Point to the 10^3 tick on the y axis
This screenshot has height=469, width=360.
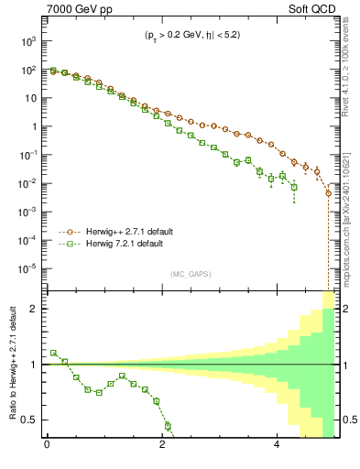tap(28, 41)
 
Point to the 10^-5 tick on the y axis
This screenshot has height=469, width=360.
tap(27, 268)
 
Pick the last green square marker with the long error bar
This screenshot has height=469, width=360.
tap(294, 187)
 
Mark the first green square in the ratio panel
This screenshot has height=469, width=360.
tap(53, 353)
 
